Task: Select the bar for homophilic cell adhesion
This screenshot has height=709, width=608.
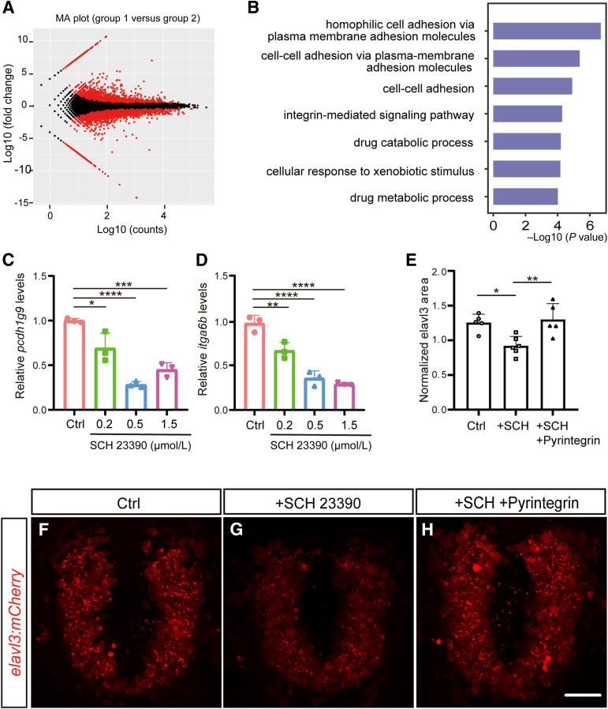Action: (x=546, y=31)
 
